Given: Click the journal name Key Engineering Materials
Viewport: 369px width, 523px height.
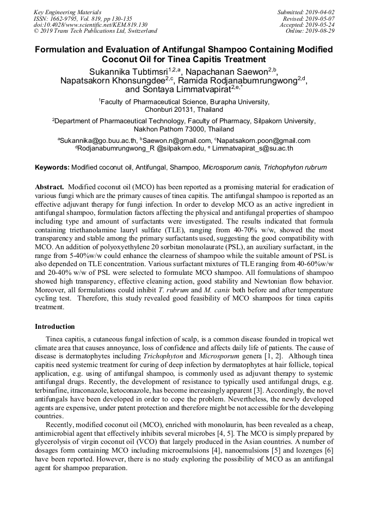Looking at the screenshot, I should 67,11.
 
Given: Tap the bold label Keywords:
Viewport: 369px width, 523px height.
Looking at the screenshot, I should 52,167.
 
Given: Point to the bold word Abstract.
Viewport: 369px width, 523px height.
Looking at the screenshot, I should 50,187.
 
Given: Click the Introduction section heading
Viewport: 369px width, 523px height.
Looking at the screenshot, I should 55,327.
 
